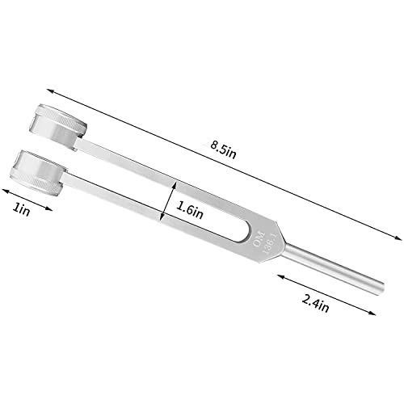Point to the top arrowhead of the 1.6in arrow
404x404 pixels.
(171, 181)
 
